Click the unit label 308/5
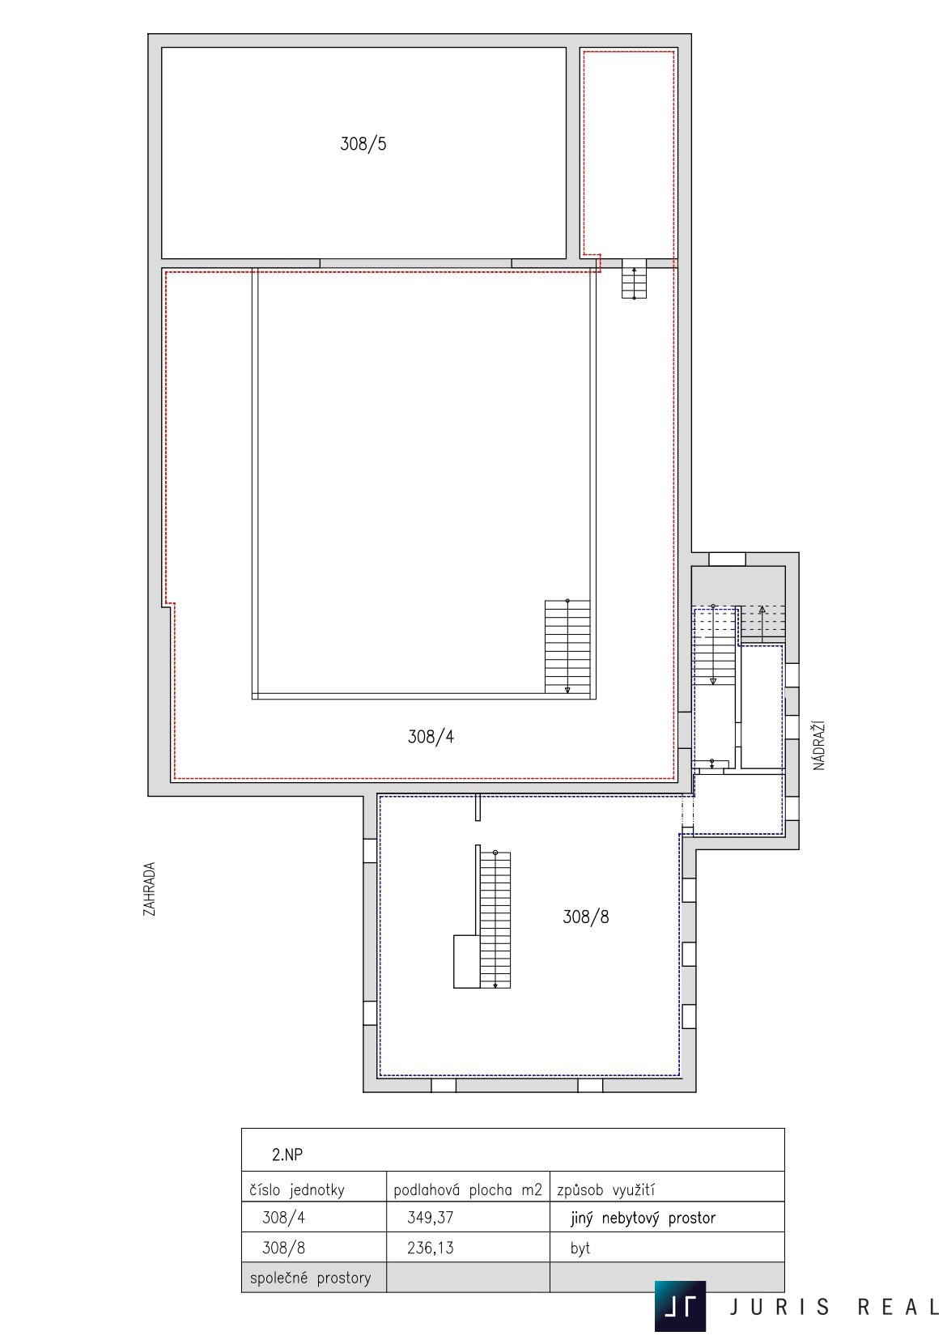tap(363, 144)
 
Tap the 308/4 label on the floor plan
tap(431, 737)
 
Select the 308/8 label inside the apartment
tap(585, 917)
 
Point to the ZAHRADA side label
tap(149, 889)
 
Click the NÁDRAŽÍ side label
tap(818, 746)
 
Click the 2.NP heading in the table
tap(287, 1155)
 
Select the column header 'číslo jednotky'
tap(297, 1190)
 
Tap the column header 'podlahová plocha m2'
tap(468, 1190)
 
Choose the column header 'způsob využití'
tap(605, 1190)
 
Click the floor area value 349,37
tap(431, 1218)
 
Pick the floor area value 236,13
tap(431, 1248)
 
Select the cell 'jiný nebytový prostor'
tap(643, 1218)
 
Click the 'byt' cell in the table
tap(580, 1249)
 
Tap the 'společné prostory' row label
tap(310, 1278)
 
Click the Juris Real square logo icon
tap(681, 1306)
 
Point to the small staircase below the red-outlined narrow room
tap(634, 279)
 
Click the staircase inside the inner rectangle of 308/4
tap(567, 647)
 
